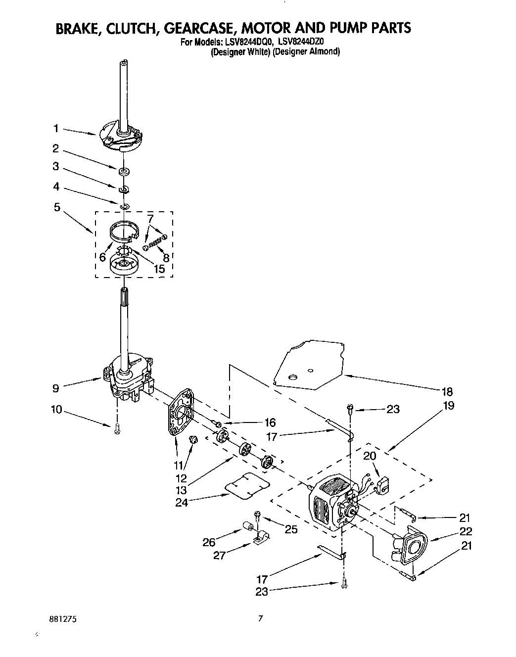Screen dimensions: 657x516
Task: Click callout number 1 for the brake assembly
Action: click(56, 129)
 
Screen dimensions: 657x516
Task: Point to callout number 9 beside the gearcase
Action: click(56, 388)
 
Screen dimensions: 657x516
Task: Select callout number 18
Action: click(447, 392)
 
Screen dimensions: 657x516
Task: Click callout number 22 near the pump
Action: click(465, 532)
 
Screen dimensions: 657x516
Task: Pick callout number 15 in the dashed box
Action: click(159, 270)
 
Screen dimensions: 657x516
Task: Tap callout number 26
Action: click(208, 542)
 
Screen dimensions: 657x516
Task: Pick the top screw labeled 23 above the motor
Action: click(350, 409)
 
